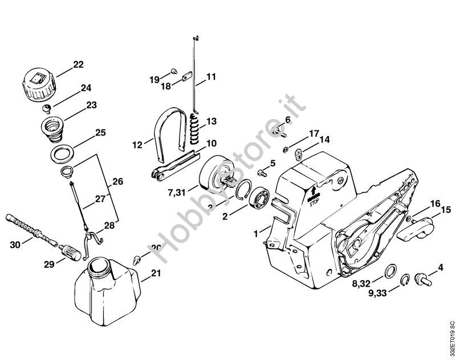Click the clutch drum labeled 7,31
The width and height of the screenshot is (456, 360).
pyautogui.click(x=218, y=175)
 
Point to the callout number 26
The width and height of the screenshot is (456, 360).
pyautogui.click(x=118, y=182)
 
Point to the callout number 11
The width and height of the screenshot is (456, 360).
pyautogui.click(x=211, y=76)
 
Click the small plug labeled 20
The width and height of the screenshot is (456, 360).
pyautogui.click(x=137, y=259)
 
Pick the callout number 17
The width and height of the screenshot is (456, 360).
pyautogui.click(x=313, y=134)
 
